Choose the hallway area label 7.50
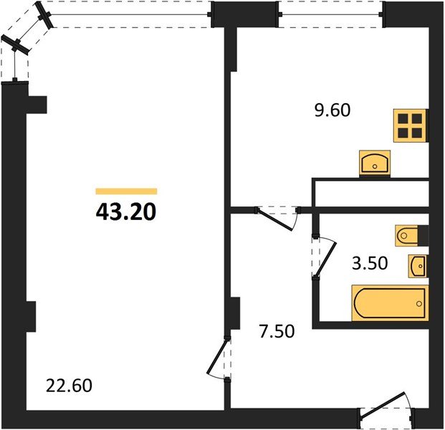[276, 333]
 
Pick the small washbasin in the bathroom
[418, 265]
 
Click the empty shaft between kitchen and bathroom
[371, 193]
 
